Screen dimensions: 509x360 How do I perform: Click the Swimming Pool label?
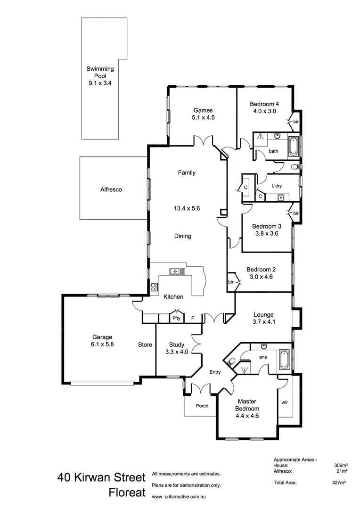(x=100, y=72)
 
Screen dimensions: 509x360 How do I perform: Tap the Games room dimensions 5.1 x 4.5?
(x=203, y=118)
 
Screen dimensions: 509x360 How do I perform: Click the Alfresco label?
(x=111, y=189)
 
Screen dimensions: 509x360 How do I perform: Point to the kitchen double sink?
(x=177, y=271)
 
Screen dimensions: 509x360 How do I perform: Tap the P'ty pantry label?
(x=177, y=319)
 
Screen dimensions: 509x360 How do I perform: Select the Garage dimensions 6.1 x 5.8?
(x=102, y=344)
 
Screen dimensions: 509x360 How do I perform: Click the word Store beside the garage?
(x=145, y=345)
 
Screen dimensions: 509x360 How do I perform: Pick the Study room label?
(x=176, y=344)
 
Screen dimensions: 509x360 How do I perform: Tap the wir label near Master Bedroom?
(x=284, y=402)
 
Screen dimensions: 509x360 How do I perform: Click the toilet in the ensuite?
(x=229, y=362)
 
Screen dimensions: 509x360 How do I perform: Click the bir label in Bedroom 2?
(x=231, y=281)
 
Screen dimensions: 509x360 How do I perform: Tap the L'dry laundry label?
(x=276, y=186)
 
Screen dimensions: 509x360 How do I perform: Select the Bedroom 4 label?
(x=264, y=104)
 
